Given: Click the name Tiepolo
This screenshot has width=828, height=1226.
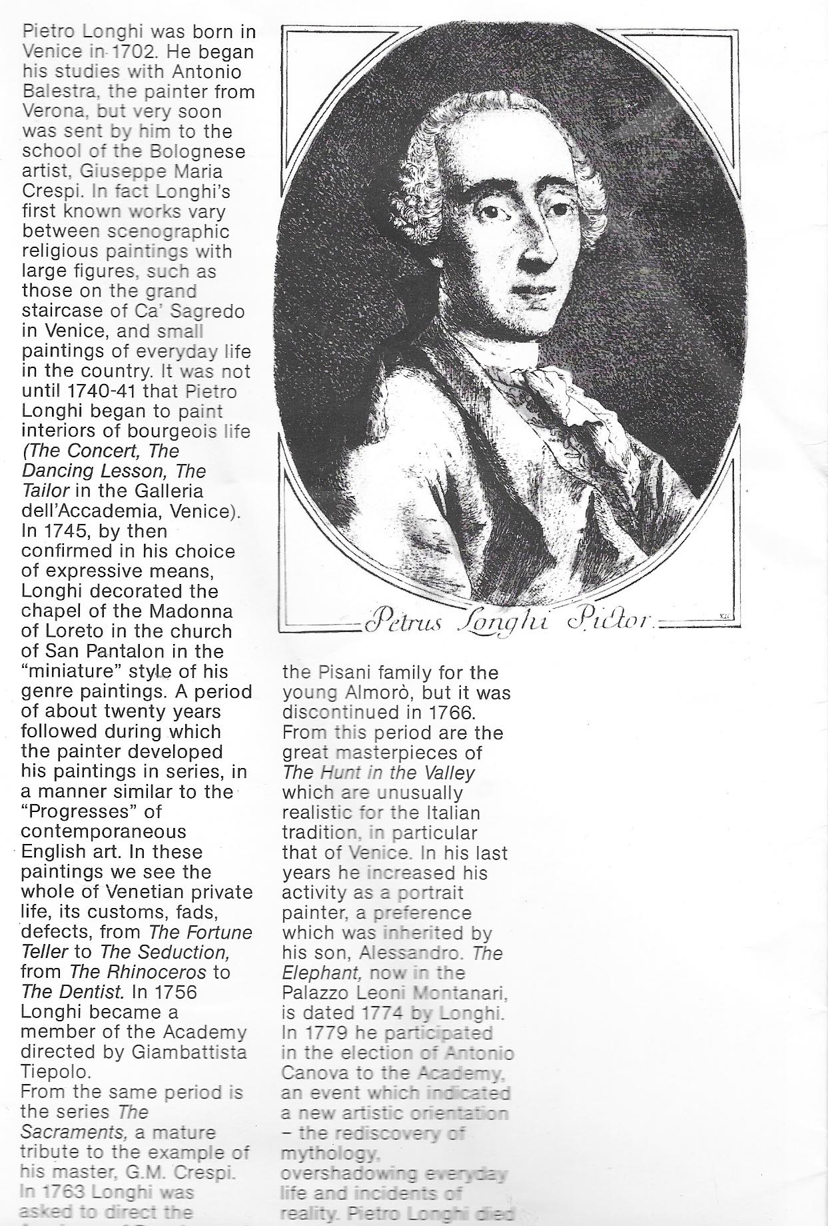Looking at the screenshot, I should pyautogui.click(x=55, y=1072).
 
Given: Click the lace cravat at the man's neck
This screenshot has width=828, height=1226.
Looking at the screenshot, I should pyautogui.click(x=560, y=393).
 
